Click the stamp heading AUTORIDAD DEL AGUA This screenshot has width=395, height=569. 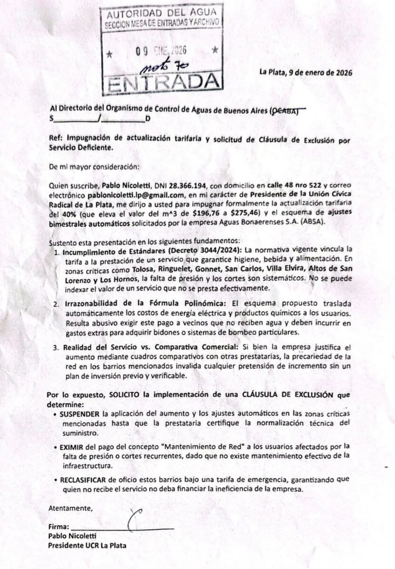[x=161, y=12]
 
